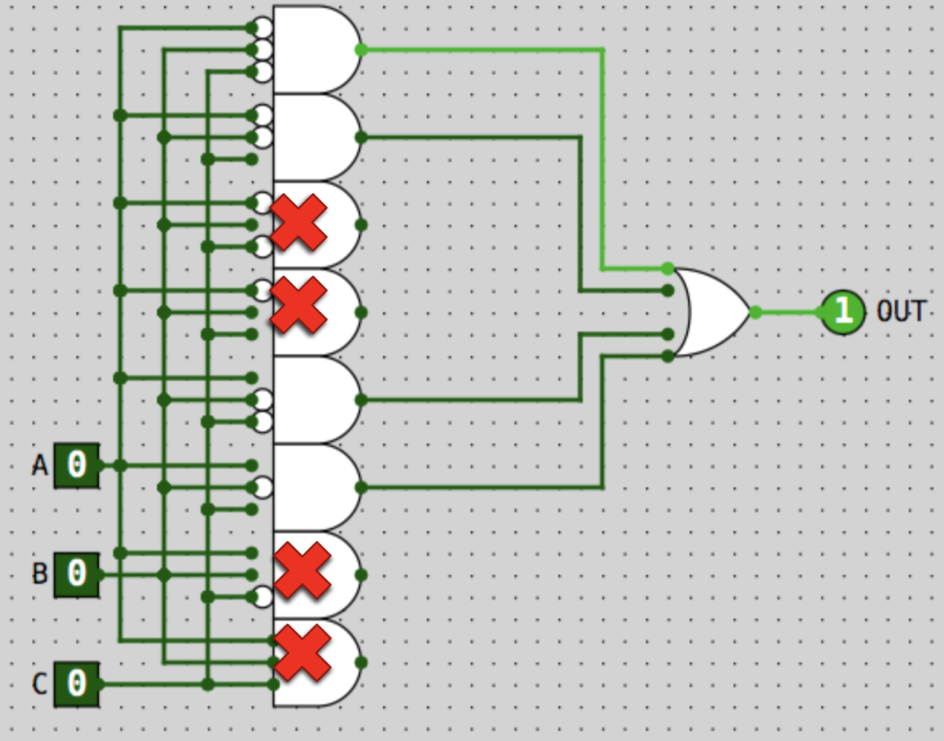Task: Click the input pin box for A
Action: click(x=77, y=466)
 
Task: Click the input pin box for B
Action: click(x=77, y=574)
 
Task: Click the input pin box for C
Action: click(x=77, y=683)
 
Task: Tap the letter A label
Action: click(x=39, y=466)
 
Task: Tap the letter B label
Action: click(x=39, y=574)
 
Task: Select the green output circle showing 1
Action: click(x=843, y=312)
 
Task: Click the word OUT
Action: click(x=901, y=312)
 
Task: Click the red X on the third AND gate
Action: click(x=299, y=222)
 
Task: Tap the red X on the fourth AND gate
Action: click(x=299, y=304)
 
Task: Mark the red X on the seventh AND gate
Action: click(x=302, y=570)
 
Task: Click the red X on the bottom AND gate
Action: click(x=302, y=653)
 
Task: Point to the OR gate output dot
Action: click(x=755, y=313)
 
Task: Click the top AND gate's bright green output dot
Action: click(x=361, y=50)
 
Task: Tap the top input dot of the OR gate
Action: click(x=667, y=268)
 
